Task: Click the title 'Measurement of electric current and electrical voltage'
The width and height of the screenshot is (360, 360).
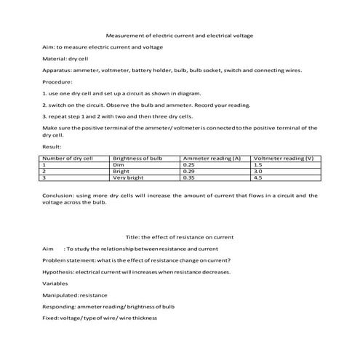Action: (180, 35)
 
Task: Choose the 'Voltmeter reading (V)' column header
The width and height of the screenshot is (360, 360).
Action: (283, 158)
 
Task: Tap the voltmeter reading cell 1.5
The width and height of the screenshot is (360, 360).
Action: (257, 164)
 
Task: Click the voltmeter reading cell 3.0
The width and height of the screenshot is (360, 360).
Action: (257, 171)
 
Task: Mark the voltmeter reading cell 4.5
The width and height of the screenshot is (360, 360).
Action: (257, 177)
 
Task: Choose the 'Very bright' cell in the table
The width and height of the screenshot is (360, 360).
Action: (129, 177)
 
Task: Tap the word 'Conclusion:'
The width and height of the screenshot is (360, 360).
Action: (59, 196)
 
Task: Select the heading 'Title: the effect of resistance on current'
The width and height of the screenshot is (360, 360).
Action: (180, 236)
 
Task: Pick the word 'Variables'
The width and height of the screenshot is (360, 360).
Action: (55, 283)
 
